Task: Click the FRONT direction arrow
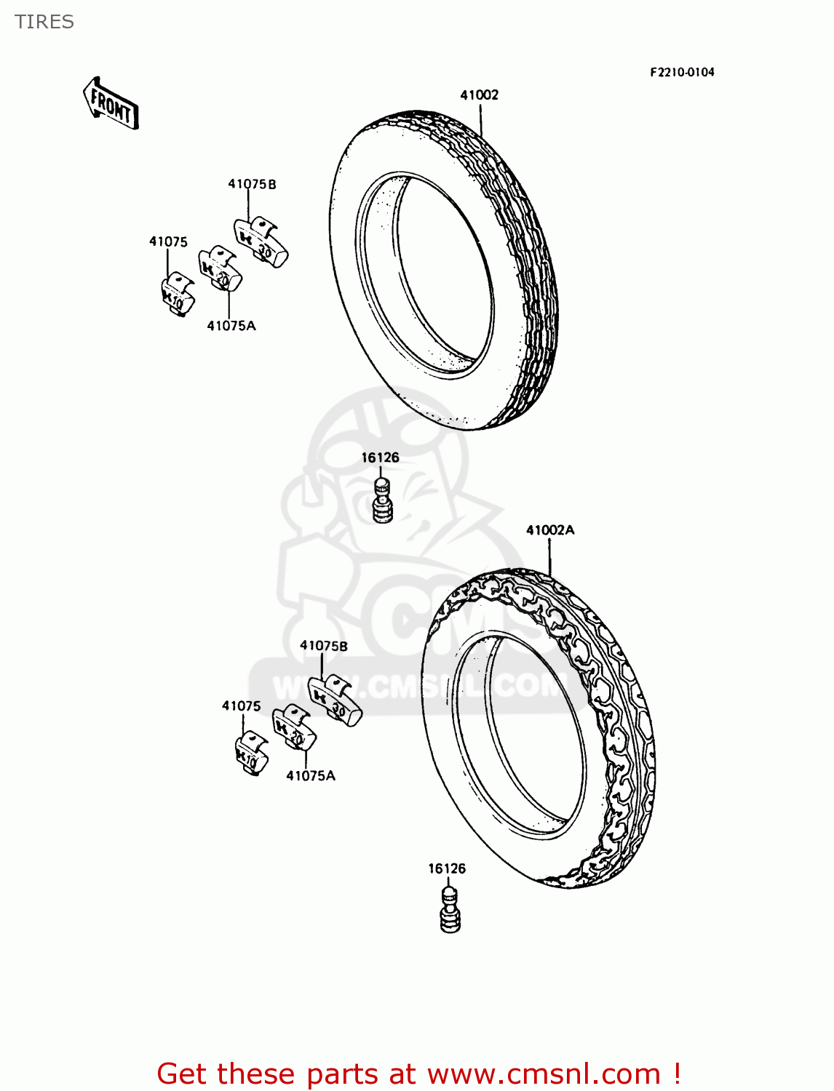coord(111,103)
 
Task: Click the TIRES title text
coord(44,22)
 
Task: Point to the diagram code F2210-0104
coord(682,72)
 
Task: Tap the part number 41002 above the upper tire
coord(479,95)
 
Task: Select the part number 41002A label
coord(550,530)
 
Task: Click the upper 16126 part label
coord(380,457)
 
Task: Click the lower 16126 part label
coord(447,868)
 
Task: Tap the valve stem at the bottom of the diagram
coord(450,910)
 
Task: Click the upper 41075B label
coord(252,184)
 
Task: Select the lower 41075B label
coord(324,646)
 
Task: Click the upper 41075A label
coord(231,326)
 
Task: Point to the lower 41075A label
coord(311,776)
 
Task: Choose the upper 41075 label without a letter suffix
coord(168,241)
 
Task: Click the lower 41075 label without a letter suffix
coord(241,706)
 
